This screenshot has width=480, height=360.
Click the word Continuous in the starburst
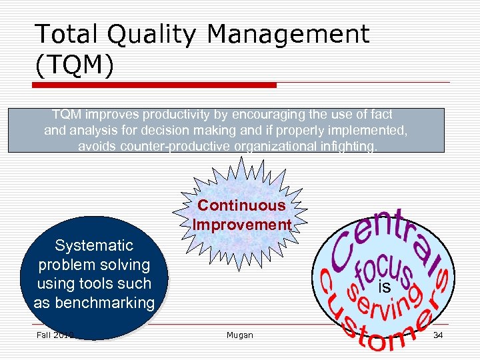241,206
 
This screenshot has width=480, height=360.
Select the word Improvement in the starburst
242,225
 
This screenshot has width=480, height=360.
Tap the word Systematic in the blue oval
94,246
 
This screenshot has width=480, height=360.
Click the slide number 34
438,335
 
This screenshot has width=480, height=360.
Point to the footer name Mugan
240,335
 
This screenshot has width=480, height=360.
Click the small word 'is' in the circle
384,287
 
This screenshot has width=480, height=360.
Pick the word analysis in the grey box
90,131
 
